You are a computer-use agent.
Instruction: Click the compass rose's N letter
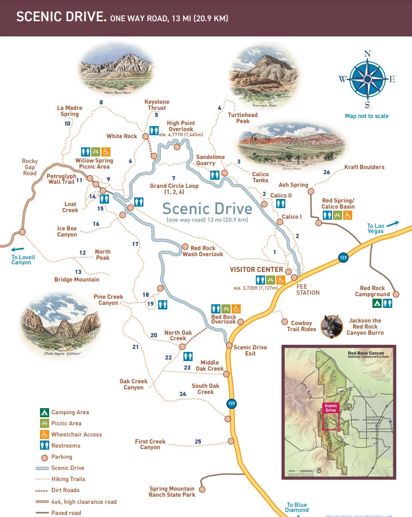(x=368, y=54)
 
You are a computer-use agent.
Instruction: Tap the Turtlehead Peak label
(x=242, y=118)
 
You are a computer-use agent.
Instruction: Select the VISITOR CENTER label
(x=256, y=269)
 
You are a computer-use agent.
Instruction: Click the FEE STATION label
(x=308, y=290)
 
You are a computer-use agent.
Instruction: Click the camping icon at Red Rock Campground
(x=377, y=303)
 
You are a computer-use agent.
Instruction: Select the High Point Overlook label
(x=181, y=126)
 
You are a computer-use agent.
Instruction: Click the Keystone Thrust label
(x=157, y=105)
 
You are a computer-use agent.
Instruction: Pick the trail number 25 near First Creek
(x=198, y=442)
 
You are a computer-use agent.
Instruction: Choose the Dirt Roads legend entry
(x=65, y=490)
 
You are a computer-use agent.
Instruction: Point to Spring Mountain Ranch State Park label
(x=172, y=492)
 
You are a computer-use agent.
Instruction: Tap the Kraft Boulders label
(x=364, y=167)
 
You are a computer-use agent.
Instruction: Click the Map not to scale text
(x=366, y=116)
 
